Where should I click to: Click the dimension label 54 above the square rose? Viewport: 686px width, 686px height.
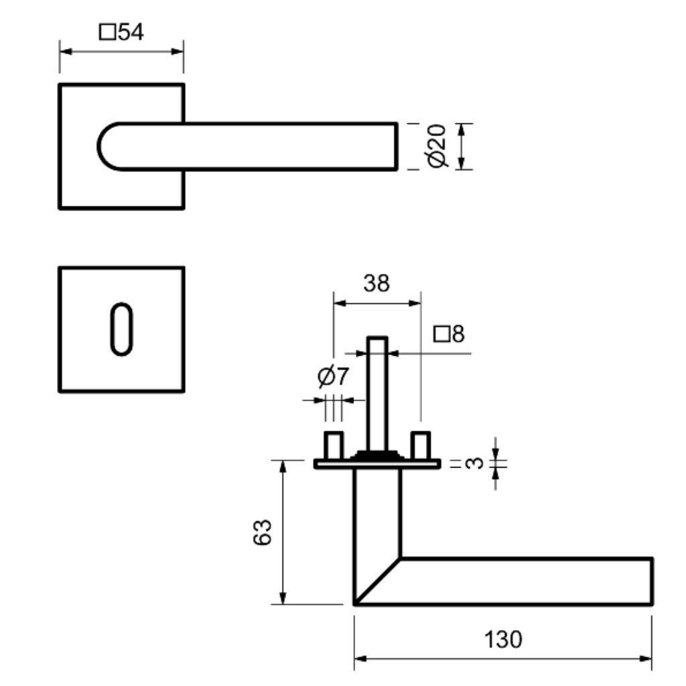[x=122, y=32]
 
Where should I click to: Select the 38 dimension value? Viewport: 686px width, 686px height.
[x=376, y=283]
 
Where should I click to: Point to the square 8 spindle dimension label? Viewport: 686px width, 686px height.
[x=449, y=334]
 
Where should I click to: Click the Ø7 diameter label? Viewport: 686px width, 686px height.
[x=333, y=378]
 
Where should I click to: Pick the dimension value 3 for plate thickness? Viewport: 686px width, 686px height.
[x=474, y=463]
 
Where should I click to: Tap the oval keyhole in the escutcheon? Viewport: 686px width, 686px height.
[x=121, y=328]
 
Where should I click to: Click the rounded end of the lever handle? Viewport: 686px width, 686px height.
[x=109, y=146]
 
